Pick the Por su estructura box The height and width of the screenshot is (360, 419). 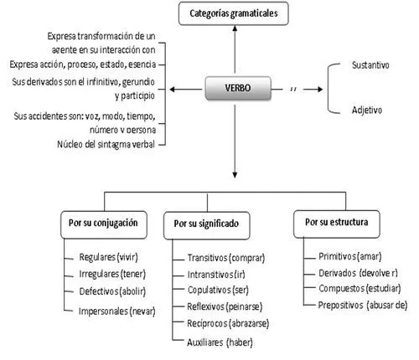pos(336,224)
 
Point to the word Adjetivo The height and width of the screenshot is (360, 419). pos(368,110)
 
